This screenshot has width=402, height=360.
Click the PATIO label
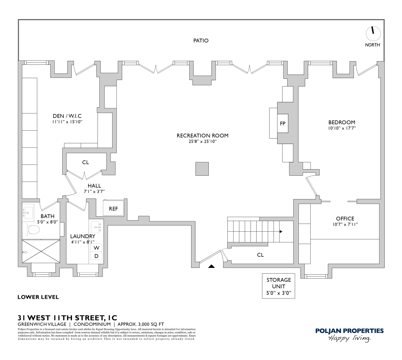pos(201,41)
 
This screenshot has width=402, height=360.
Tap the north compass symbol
pos(373,33)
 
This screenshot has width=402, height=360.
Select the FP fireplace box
pos(283,123)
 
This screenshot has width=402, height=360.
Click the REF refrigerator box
pos(113,208)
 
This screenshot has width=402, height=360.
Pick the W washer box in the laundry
pos(96,248)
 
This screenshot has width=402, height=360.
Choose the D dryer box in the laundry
pos(96,256)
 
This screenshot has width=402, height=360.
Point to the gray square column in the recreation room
pos(202,169)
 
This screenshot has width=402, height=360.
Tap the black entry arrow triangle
pos(212,266)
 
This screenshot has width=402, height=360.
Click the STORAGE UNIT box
pos(279,287)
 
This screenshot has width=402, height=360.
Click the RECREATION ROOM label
pos(202,136)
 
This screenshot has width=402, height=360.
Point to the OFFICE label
pos(345,219)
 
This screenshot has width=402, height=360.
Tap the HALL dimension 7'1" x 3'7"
pos(92,192)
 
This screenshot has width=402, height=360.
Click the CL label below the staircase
pos(260,255)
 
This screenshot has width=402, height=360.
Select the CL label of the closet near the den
pos(85,162)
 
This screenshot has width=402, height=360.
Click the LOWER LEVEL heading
pos(38,297)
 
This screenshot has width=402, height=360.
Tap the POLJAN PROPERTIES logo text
pos(349,331)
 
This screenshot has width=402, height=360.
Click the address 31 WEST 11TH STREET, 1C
pos(67,318)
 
